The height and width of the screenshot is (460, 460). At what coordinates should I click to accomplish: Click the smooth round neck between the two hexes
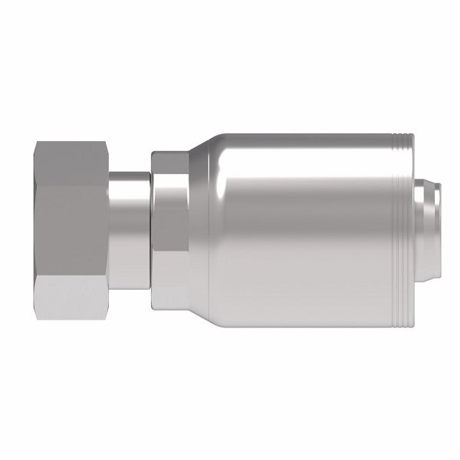130,230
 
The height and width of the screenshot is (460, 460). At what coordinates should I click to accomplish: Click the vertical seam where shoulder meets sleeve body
222,230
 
